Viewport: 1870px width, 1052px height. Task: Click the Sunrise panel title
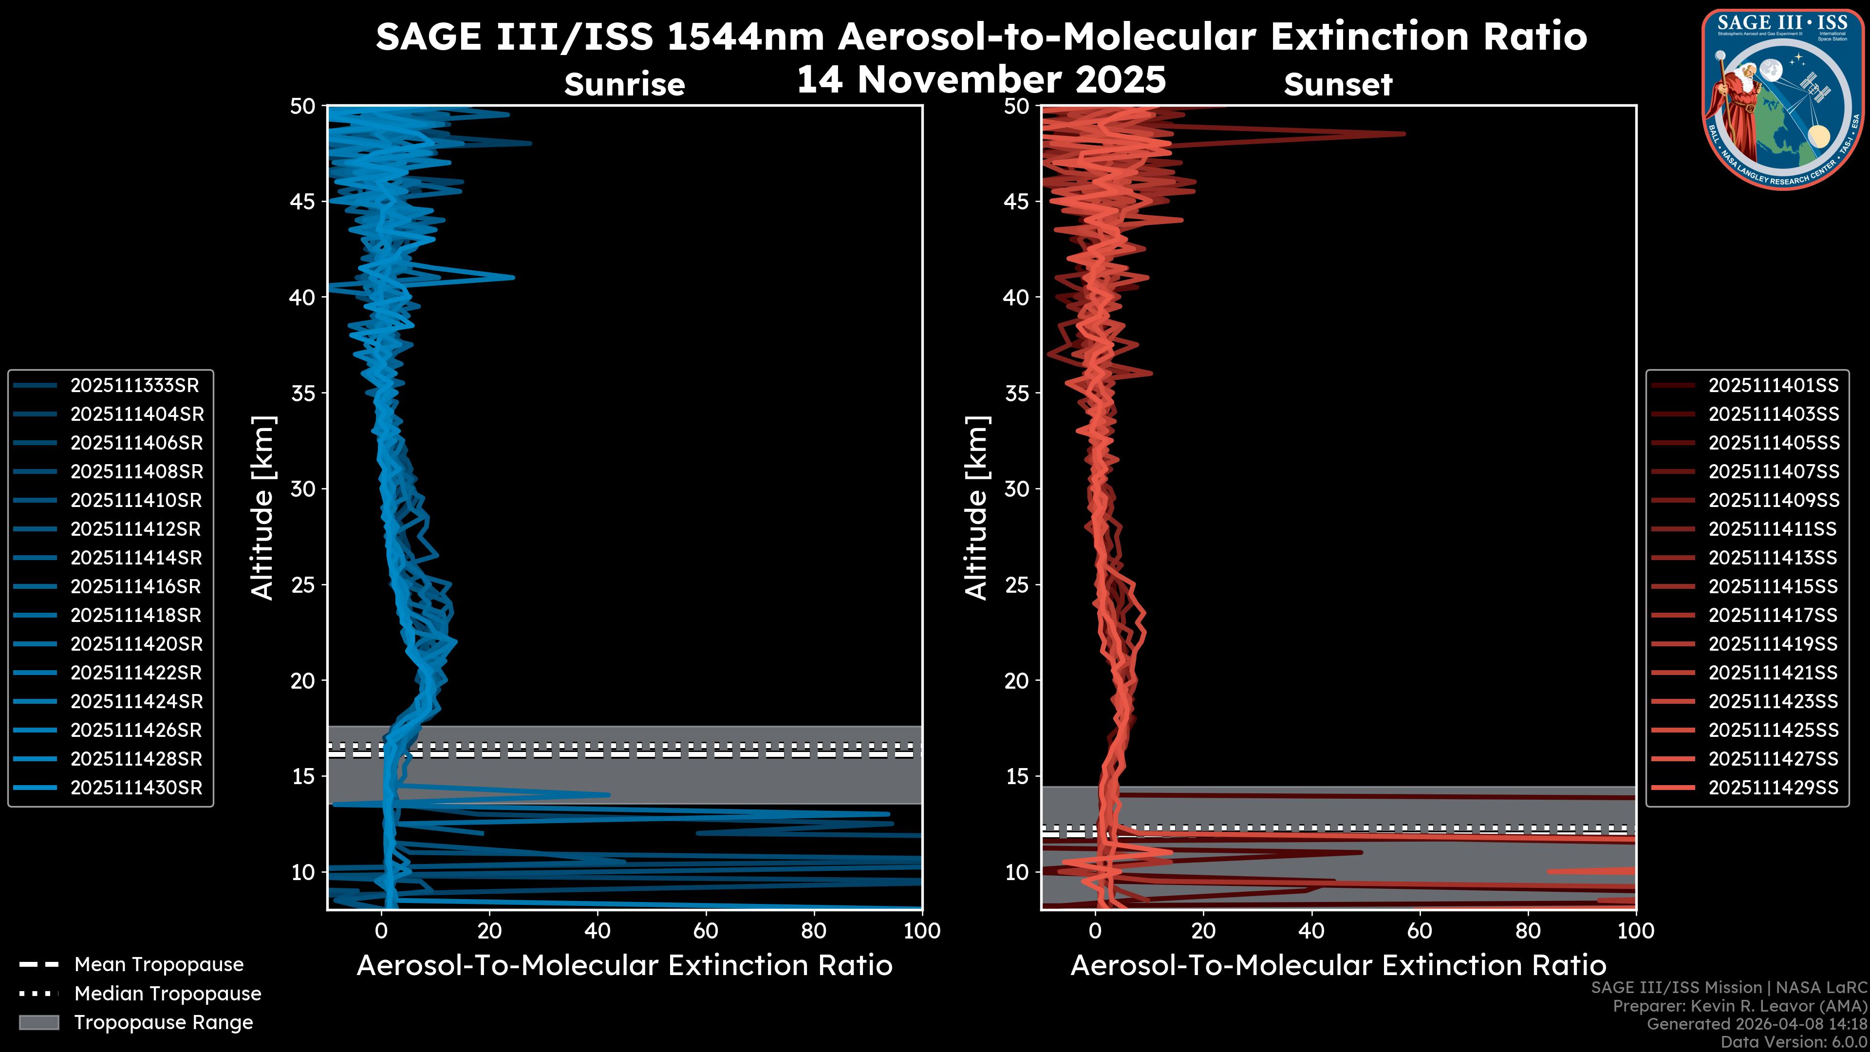tap(624, 85)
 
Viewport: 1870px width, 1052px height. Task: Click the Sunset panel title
tap(1338, 85)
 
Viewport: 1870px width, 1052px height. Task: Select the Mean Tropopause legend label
tap(158, 965)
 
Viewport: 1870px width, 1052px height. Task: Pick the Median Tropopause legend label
tap(167, 994)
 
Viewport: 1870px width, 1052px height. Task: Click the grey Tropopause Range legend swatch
tap(39, 1023)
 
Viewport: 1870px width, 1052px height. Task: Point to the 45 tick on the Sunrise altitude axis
tap(303, 201)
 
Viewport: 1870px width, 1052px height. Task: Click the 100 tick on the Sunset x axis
tap(1636, 931)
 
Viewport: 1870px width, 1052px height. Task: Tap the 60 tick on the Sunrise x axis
tap(706, 931)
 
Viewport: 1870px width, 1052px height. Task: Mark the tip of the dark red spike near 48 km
tap(1404, 133)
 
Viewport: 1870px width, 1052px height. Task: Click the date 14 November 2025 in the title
tap(981, 80)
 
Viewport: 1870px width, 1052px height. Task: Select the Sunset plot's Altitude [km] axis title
tap(976, 508)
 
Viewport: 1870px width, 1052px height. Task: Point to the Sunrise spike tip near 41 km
tap(513, 277)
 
